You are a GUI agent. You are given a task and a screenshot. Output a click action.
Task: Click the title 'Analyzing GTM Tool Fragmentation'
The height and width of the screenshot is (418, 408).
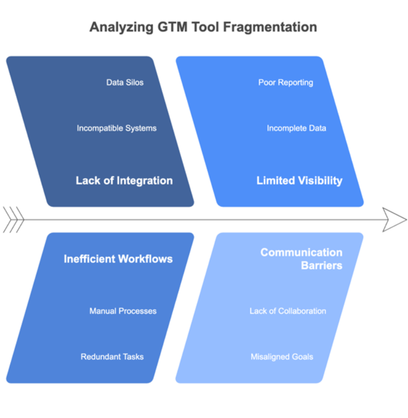pos(203,27)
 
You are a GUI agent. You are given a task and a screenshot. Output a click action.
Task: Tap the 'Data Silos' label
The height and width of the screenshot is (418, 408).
pos(125,82)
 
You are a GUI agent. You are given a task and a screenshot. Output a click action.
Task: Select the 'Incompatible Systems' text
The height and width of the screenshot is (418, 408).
pos(116,128)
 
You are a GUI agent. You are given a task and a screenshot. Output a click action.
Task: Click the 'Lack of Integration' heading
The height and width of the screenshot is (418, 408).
pos(124,181)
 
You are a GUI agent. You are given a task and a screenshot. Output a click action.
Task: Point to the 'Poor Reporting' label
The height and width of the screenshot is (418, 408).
pos(286,83)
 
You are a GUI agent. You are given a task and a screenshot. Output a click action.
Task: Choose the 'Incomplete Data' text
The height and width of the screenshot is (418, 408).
pos(296,128)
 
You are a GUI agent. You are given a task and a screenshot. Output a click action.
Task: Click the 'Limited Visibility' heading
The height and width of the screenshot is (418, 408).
pos(300,181)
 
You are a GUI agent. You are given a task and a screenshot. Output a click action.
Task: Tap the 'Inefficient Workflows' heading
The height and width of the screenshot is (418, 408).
pos(118,259)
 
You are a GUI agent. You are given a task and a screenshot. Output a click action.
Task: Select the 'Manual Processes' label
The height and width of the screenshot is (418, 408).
pos(123,311)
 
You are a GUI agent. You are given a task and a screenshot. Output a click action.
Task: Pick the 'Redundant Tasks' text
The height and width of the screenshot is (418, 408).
pos(112,357)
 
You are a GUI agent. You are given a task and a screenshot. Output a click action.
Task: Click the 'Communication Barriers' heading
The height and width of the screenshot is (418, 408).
pos(302,259)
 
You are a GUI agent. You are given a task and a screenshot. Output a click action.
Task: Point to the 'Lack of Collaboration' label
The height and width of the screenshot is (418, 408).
pos(288,311)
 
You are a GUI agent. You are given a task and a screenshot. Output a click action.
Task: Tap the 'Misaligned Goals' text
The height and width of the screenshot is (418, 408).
pos(282,357)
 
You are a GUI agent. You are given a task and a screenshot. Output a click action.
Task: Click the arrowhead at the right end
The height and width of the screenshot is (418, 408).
pos(395,220)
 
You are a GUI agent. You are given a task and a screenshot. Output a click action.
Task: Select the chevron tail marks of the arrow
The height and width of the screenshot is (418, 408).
pos(13,220)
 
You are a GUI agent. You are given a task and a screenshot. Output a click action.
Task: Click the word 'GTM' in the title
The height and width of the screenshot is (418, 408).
pos(172,27)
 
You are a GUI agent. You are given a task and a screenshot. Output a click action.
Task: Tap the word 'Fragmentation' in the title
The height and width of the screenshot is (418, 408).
pos(270,27)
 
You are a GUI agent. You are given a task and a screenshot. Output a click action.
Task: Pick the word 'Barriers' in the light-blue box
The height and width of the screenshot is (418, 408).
pos(321,266)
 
